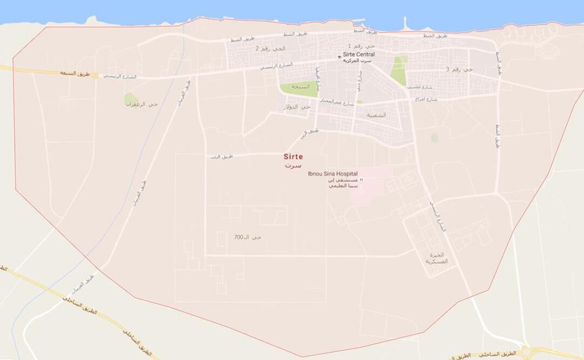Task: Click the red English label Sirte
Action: click(293, 157)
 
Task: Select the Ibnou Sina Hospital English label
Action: click(332, 174)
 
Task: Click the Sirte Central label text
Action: click(359, 55)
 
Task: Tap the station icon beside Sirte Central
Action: click(339, 55)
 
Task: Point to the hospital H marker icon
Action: click(361, 179)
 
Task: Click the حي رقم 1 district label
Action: click(357, 46)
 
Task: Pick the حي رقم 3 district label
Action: click(459, 70)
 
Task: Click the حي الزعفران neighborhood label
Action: click(142, 104)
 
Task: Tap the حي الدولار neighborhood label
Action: click(297, 107)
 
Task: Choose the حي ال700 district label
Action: click(247, 237)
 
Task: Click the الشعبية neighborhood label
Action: click(377, 115)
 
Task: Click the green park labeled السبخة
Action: click(298, 88)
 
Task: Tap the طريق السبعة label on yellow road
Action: click(74, 72)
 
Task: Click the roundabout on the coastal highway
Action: click(526, 352)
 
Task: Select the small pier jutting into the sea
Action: click(404, 23)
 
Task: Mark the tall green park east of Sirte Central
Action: click(399, 70)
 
